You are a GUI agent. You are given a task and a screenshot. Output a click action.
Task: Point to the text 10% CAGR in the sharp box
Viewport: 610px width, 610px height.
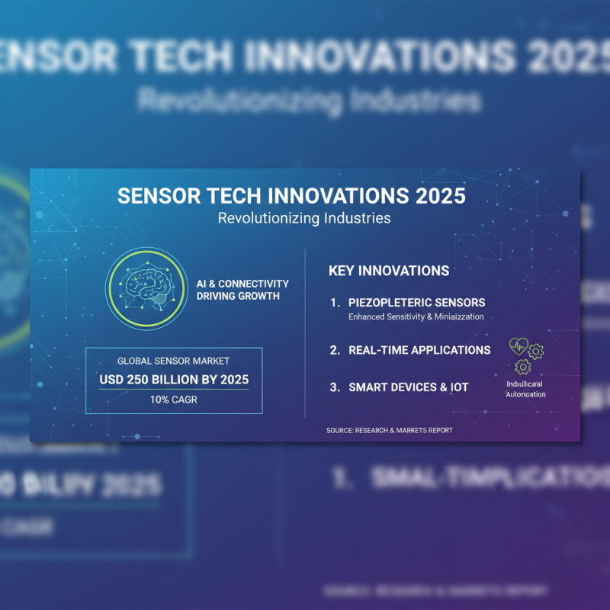click(x=174, y=400)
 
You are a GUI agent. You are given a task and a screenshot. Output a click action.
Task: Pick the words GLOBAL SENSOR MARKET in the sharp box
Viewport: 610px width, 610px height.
click(x=174, y=361)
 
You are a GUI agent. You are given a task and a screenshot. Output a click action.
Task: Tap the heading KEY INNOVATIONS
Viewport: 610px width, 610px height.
click(x=388, y=271)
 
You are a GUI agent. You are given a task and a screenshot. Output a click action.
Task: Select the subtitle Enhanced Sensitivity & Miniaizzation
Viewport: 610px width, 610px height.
click(x=416, y=316)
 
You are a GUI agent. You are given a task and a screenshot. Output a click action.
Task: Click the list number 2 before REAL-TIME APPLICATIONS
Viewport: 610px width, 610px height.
click(x=334, y=350)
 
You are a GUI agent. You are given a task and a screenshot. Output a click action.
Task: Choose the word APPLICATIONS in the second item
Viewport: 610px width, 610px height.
click(x=451, y=350)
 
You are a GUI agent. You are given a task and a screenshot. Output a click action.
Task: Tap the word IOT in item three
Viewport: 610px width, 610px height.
click(x=459, y=387)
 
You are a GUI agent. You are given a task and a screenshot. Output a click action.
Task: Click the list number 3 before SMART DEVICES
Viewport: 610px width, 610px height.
click(x=334, y=387)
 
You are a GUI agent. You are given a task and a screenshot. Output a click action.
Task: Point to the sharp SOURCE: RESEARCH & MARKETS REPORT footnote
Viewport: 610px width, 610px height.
click(x=389, y=430)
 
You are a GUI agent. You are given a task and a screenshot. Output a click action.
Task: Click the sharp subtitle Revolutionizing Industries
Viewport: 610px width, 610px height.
click(x=304, y=218)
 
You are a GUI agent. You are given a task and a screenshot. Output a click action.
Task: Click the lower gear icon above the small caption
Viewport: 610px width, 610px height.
click(x=523, y=367)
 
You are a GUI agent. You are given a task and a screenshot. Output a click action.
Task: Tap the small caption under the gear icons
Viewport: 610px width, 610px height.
click(x=526, y=389)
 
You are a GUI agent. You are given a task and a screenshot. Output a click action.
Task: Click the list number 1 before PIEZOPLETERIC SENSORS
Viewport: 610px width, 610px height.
click(x=334, y=303)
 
